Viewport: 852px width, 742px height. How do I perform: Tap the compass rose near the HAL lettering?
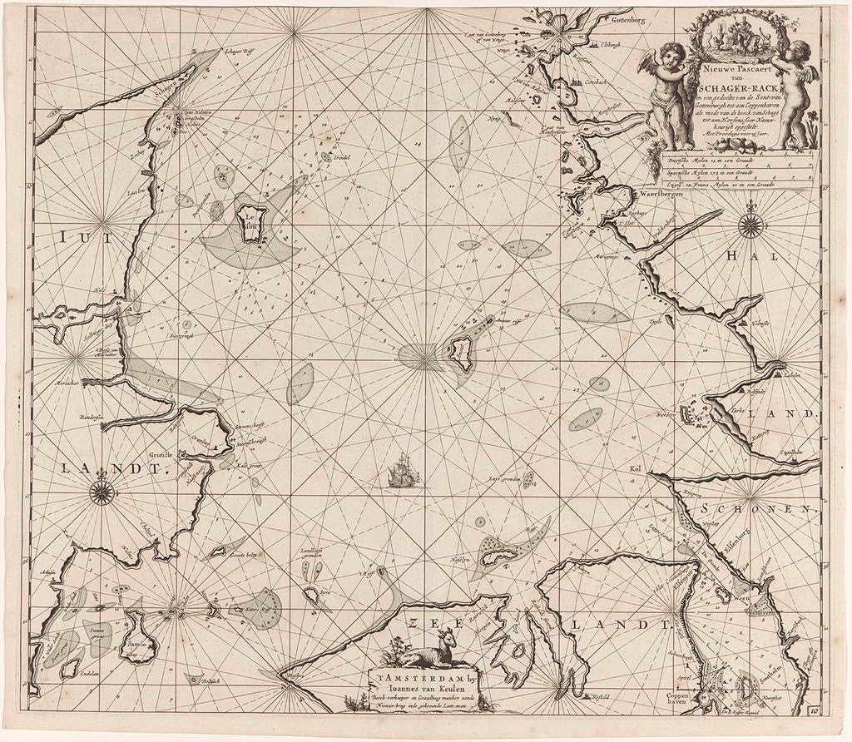(x=751, y=223)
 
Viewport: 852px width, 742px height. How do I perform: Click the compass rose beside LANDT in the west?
(x=102, y=491)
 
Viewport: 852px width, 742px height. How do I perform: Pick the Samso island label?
(x=138, y=643)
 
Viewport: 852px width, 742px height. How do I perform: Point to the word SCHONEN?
(x=755, y=508)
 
